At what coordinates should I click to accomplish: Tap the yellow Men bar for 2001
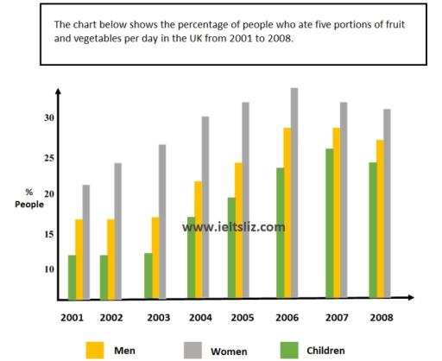coord(79,259)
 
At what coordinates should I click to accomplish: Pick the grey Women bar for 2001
coord(86,242)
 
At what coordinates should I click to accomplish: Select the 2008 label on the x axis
coord(382,318)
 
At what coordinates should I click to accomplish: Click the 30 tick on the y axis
coord(49,118)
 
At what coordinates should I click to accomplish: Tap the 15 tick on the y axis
coord(49,233)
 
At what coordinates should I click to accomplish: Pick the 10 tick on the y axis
coord(49,269)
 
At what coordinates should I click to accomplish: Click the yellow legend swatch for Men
coord(96,349)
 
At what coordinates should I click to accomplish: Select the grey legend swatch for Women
coord(193,349)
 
